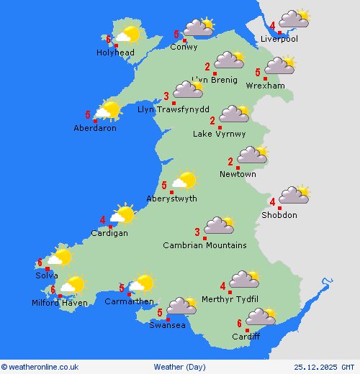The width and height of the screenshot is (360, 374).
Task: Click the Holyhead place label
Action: (114, 53)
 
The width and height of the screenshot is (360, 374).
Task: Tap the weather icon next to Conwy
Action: (198, 28)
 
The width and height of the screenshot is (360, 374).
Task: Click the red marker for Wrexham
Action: (266, 78)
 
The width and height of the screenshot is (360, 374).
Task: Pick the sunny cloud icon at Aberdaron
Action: (108, 110)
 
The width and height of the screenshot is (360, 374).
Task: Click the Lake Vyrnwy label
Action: (220, 134)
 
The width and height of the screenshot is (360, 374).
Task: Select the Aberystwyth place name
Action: (171, 199)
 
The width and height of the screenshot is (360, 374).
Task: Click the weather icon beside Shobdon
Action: (294, 195)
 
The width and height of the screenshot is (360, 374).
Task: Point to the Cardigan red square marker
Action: (110, 227)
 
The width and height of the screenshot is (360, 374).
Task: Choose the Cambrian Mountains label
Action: (204, 245)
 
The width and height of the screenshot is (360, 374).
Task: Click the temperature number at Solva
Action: (40, 263)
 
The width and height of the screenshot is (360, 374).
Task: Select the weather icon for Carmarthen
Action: (142, 283)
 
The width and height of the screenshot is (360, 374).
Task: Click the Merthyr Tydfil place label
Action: (230, 299)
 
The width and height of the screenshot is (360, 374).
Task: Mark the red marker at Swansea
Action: (167, 319)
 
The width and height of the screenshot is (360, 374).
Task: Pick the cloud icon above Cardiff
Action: (260, 316)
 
